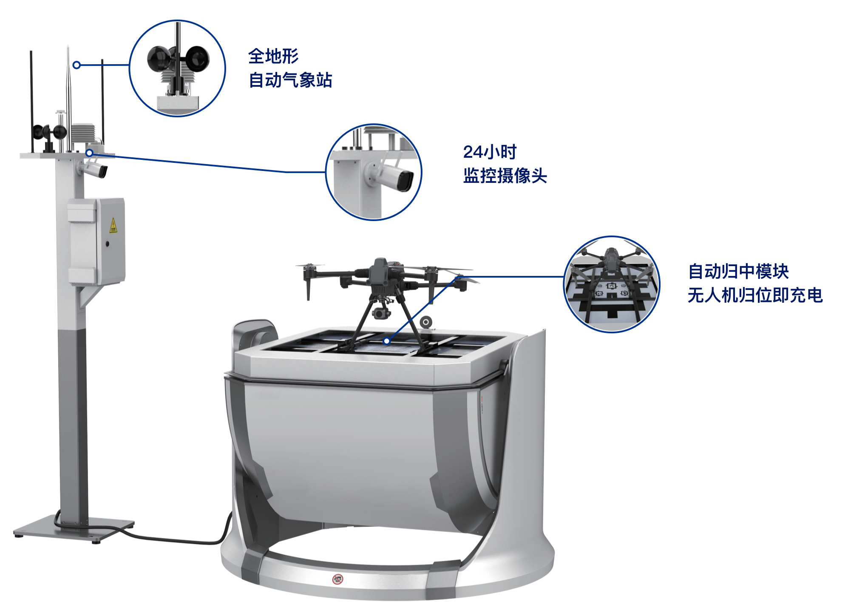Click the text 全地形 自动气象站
tap(290, 68)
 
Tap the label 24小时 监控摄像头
tap(505, 164)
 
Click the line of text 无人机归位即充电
tap(755, 295)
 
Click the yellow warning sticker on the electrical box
tap(113, 225)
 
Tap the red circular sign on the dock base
tap(338, 579)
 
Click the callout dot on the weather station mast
tap(77, 65)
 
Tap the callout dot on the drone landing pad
tap(386, 341)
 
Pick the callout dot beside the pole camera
tap(89, 153)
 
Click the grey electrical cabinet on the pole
tap(96, 241)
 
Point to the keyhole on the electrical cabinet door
tap(107, 244)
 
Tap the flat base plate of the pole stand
tap(74, 528)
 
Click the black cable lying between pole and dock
tap(170, 539)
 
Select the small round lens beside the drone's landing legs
tap(426, 322)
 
